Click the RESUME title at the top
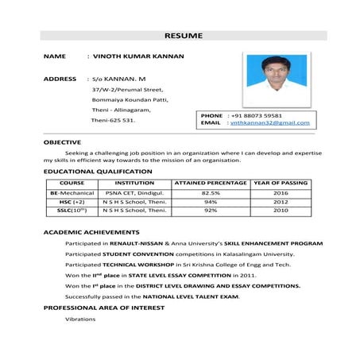click(183, 36)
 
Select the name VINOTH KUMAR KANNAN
click(138, 56)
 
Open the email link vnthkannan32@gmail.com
click(269, 123)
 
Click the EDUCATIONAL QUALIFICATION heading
click(98, 171)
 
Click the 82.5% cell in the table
click(211, 192)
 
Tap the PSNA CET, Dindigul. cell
click(134, 192)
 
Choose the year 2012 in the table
click(281, 202)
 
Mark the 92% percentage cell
click(211, 211)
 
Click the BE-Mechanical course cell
click(72, 192)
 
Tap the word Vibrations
click(80, 319)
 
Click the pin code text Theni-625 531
click(113, 121)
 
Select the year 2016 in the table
click(281, 192)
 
